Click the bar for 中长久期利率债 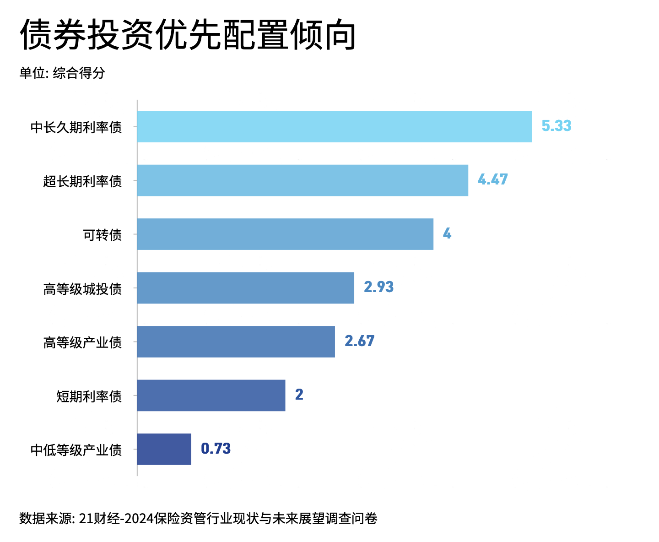click(x=334, y=126)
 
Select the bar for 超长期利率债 click(x=302, y=180)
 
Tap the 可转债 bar click(x=285, y=234)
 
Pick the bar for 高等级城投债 click(x=245, y=288)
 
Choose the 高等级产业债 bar click(x=236, y=341)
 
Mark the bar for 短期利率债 click(x=211, y=396)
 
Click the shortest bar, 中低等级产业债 click(x=164, y=449)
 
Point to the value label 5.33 click(x=556, y=126)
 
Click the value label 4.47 click(x=492, y=179)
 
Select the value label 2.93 click(x=378, y=287)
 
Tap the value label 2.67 click(x=359, y=341)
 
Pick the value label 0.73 click(x=216, y=449)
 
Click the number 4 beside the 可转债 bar click(x=447, y=234)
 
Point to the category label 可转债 click(x=103, y=235)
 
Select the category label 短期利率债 click(x=89, y=396)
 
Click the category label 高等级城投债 click(x=83, y=289)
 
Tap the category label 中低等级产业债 click(x=76, y=450)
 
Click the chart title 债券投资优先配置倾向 click(x=188, y=35)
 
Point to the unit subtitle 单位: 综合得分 click(x=62, y=73)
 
